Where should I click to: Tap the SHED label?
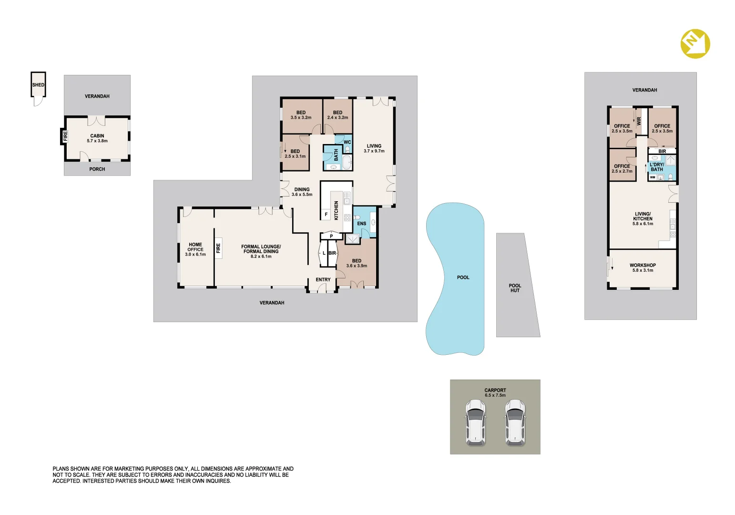point(38,85)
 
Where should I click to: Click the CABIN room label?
point(97,135)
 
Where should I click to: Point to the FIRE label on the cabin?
point(65,136)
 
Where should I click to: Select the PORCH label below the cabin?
point(97,169)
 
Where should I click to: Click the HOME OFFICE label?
point(195,247)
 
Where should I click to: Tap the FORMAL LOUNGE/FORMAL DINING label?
point(261,249)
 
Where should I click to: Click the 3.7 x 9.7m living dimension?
point(374,151)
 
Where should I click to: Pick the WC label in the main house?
point(347,142)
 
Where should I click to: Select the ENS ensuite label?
point(362,224)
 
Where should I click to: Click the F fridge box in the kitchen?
point(326,214)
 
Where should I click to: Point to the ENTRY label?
point(323,279)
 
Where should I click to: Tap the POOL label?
point(463,278)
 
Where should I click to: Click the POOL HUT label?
point(515,288)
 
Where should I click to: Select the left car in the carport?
point(475,422)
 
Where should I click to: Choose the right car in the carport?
point(515,422)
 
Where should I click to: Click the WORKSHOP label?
point(643,265)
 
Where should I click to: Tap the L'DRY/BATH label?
point(656,167)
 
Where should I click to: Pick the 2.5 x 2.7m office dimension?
point(622,171)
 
